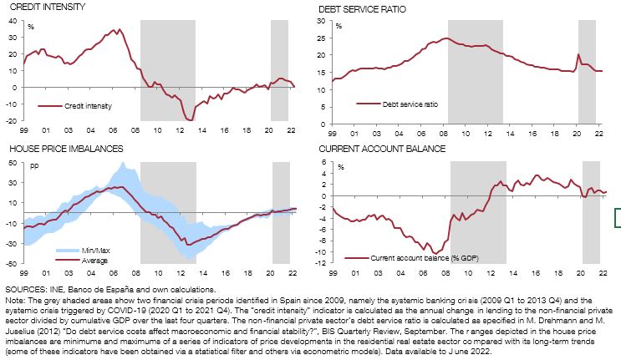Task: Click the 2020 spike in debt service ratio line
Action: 578,55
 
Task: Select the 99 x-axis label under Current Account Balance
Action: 333,273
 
